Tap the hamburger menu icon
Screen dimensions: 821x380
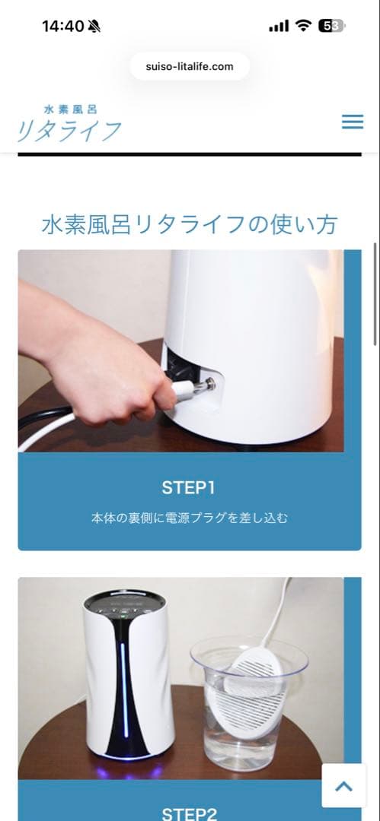pos(352,122)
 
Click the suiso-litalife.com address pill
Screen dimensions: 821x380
pos(190,66)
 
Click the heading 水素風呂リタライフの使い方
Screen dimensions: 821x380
pos(190,224)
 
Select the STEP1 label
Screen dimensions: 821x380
pos(189,487)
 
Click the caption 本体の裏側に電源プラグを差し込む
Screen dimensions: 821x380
pos(190,518)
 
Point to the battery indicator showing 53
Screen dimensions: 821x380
pos(331,26)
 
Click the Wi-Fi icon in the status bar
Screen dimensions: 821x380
pos(303,26)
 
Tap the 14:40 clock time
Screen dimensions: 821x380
pos(62,26)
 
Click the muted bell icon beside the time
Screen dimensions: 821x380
pos(94,27)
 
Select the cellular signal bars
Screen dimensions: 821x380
pos(279,27)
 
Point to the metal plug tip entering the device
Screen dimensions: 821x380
pos(204,385)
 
